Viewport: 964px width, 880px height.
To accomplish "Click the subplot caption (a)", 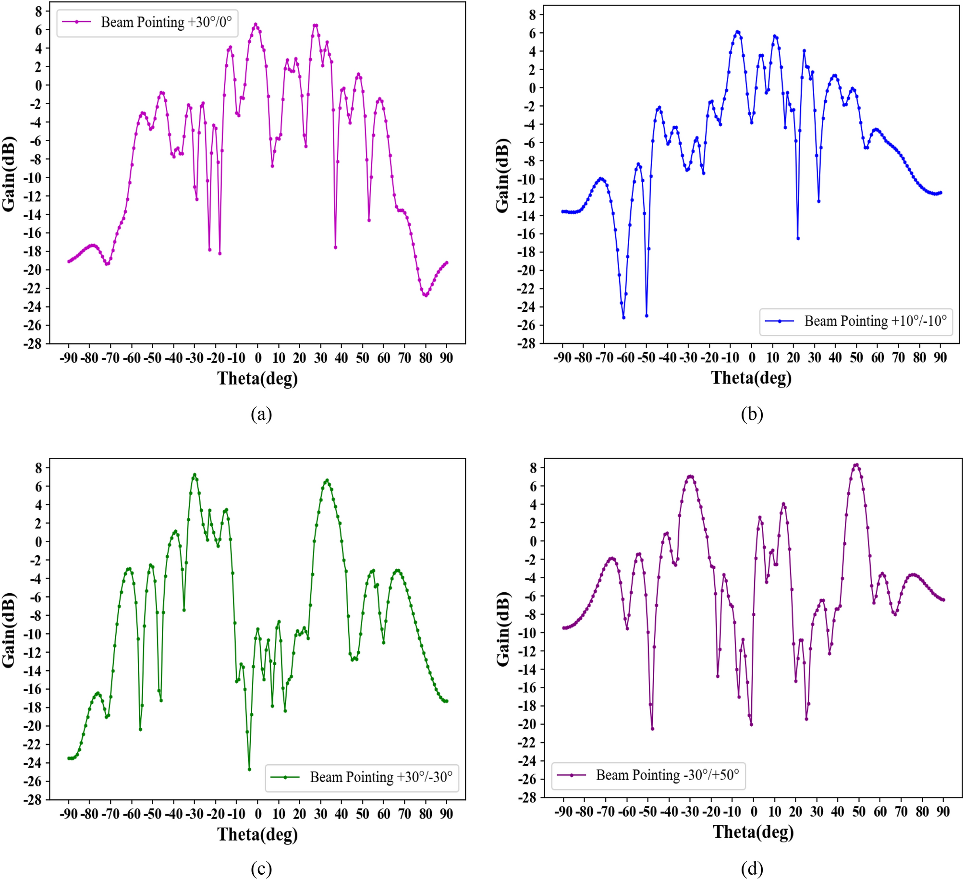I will coord(261,414).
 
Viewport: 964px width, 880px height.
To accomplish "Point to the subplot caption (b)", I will coord(752,414).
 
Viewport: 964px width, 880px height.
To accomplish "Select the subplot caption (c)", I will coord(261,868).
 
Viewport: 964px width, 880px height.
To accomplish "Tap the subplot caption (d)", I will coord(752,868).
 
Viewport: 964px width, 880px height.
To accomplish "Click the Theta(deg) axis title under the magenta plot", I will coord(257,379).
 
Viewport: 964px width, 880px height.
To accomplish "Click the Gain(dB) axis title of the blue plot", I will coord(502,175).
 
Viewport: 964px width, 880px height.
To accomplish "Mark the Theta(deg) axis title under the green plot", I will coord(257,834).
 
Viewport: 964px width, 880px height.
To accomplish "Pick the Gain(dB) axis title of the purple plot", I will coord(502,629).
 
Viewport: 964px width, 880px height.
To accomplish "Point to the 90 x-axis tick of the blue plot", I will coord(940,358).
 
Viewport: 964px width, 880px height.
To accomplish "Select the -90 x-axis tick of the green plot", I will coord(68,814).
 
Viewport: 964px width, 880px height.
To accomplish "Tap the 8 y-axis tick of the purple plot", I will coord(533,468).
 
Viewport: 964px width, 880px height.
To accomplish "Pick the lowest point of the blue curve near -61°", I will coord(623,318).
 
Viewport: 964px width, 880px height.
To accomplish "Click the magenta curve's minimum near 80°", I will coord(426,295).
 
